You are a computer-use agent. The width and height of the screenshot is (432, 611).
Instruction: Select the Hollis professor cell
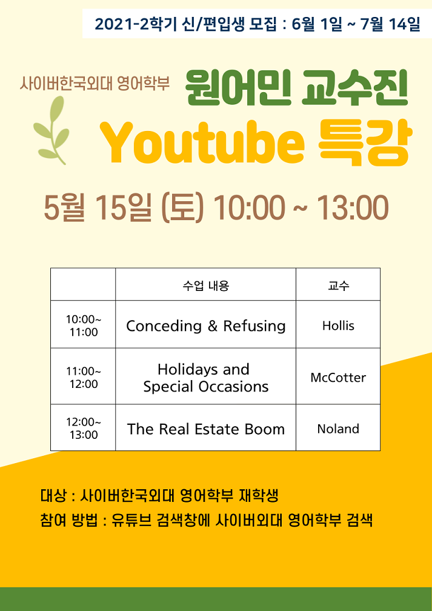338,325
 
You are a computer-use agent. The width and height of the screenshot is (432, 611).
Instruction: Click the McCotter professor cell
338,376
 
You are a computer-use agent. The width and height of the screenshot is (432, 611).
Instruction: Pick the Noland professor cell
338,428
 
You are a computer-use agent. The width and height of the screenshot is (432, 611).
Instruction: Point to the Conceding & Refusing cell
205,325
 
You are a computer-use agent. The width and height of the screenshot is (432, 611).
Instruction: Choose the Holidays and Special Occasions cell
205,376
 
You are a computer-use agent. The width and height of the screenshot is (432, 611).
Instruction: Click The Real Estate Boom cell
205,428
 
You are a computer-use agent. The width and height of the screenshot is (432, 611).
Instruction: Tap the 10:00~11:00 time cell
84,325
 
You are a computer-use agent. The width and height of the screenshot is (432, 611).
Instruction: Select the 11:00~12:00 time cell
84,376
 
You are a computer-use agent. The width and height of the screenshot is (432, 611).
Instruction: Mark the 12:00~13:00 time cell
84,428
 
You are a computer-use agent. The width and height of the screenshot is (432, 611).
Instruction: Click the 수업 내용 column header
205,285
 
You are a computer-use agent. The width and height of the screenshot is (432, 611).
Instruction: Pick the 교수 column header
338,285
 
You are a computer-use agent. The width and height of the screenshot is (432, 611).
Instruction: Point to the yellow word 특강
363,142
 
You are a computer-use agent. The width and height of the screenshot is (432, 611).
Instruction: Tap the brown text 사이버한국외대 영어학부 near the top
95,83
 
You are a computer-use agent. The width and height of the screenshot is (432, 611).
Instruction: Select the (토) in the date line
182,208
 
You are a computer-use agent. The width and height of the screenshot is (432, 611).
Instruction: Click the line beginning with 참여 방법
206,520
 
